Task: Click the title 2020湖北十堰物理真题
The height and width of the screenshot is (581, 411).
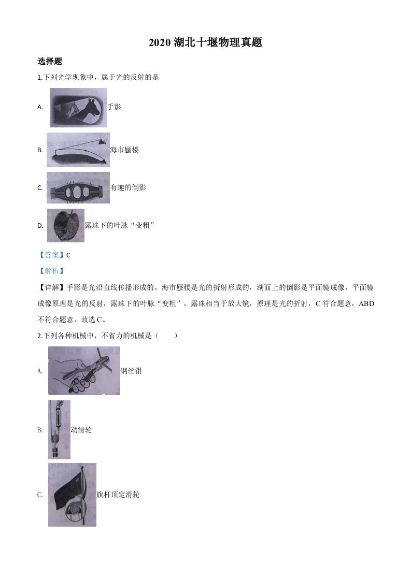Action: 205,43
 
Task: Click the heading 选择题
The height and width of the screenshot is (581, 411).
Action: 50,61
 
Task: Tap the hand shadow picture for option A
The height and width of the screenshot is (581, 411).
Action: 78,108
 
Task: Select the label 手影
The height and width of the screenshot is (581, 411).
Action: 114,107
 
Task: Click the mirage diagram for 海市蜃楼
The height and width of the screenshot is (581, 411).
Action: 78,150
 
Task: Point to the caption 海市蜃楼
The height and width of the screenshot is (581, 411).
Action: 124,150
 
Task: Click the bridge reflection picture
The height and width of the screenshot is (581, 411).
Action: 78,188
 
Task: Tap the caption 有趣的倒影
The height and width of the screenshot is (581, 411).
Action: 128,187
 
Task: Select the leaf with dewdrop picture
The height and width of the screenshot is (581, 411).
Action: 66,226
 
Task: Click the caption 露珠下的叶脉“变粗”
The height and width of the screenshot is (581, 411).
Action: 120,225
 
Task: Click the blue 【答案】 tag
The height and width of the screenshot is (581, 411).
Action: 51,255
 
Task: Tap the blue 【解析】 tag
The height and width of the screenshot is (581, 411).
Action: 51,271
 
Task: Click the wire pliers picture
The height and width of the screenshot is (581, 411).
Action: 84,371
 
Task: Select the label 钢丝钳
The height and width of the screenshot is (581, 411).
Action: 131,371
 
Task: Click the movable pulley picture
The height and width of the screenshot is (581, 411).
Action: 59,430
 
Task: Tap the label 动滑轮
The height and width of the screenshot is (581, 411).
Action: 81,430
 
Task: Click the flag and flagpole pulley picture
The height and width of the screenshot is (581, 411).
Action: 72,495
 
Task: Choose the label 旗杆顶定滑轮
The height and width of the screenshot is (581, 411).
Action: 118,495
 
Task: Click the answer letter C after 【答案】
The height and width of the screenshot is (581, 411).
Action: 68,255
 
